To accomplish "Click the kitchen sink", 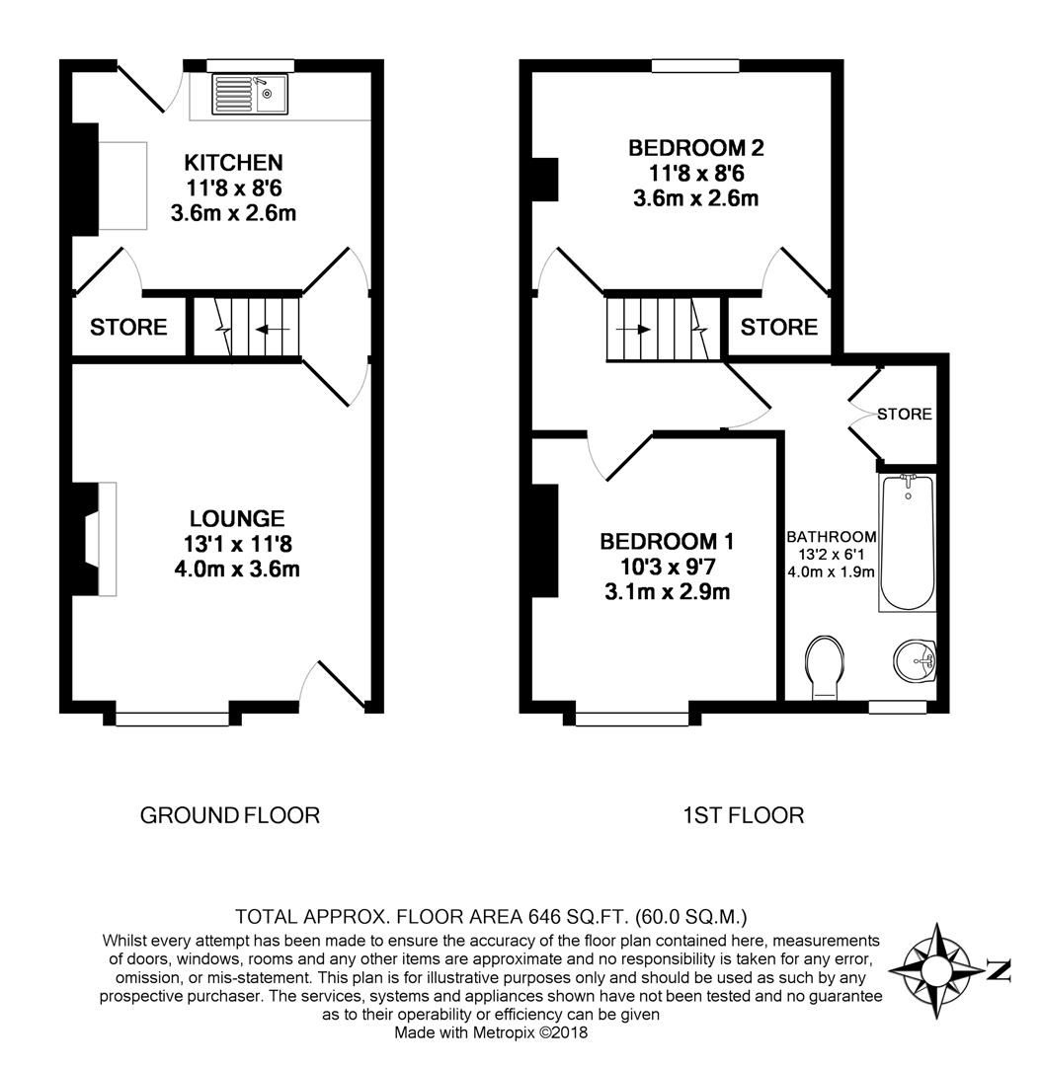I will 249,94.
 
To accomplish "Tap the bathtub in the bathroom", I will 907,543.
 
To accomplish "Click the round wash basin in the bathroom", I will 916,659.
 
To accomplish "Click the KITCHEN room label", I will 234,162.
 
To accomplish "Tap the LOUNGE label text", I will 237,518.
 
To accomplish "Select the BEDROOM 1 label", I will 667,542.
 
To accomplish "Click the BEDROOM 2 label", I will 695,149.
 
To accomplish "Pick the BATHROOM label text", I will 831,537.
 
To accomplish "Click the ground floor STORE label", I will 128,328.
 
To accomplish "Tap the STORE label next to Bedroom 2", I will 778,327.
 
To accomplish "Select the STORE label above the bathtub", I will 904,414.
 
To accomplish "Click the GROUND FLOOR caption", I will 230,815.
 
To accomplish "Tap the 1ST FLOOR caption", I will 743,815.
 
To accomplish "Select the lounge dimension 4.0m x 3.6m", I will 237,569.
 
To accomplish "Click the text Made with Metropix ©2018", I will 491,1033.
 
